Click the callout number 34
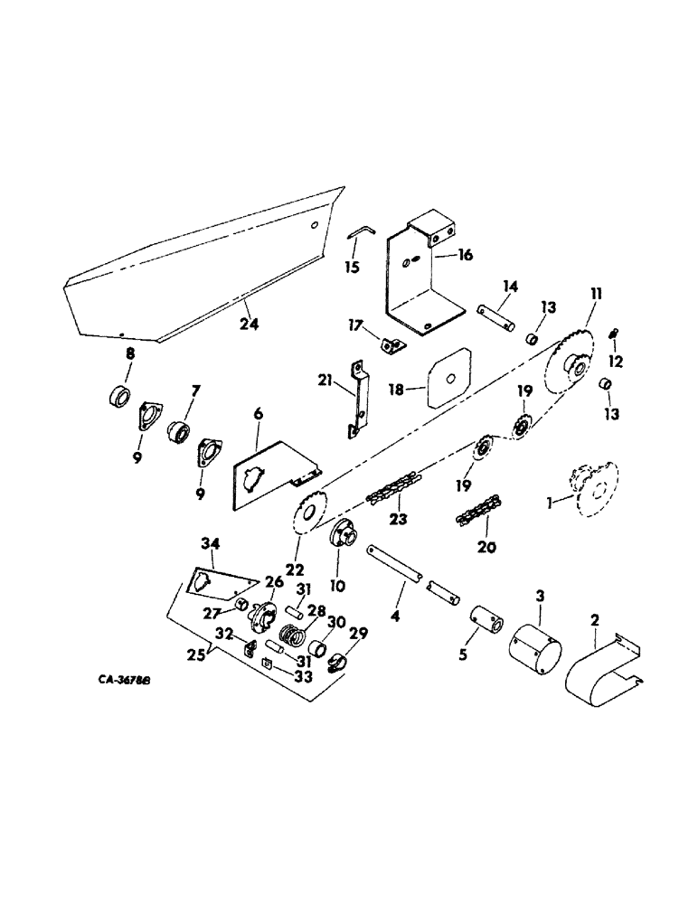point(211,542)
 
